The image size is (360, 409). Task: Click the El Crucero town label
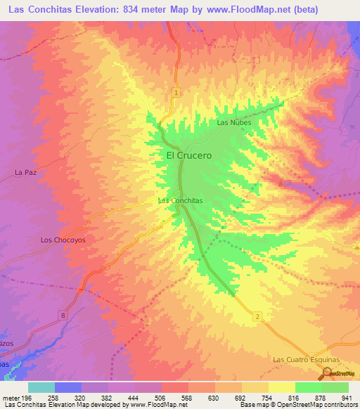point(188,155)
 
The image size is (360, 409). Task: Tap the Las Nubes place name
point(233,122)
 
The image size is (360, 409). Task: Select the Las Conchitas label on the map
point(181,200)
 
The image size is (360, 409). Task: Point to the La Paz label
point(25,171)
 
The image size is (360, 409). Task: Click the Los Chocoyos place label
point(62,240)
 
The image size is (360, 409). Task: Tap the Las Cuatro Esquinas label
point(306,359)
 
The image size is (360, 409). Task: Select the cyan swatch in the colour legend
point(41,387)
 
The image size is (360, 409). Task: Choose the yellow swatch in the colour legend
point(281,387)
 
